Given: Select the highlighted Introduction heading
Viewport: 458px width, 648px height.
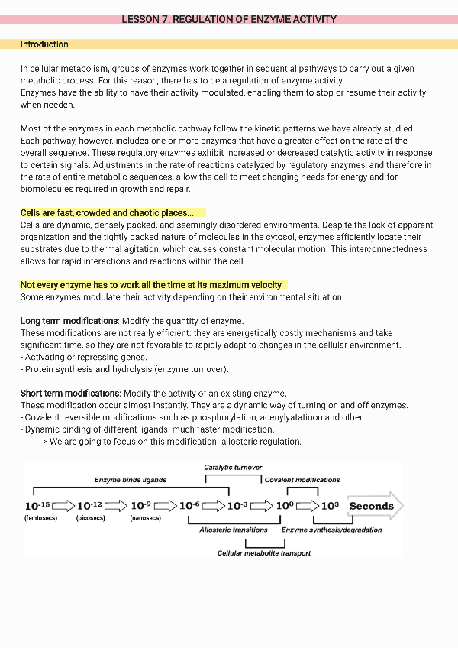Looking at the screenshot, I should (x=44, y=44).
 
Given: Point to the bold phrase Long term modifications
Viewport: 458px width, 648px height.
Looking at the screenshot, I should (x=69, y=321).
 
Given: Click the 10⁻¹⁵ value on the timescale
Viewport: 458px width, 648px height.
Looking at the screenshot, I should (x=37, y=506).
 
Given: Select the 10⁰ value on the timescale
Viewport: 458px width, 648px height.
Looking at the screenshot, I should (x=285, y=506).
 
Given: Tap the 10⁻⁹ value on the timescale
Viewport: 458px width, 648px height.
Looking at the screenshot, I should (x=142, y=506).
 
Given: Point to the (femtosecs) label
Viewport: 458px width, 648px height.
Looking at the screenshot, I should (x=40, y=518).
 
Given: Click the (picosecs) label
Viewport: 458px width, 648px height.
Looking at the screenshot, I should (x=91, y=518).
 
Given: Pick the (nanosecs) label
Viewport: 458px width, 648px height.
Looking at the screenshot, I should (x=144, y=518).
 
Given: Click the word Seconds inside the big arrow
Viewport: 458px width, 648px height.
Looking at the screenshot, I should (x=371, y=506).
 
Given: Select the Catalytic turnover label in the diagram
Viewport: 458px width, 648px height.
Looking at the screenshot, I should (x=233, y=467).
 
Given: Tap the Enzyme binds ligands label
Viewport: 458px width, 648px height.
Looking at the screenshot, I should (x=130, y=480).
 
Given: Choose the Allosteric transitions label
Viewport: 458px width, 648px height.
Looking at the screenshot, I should (x=234, y=530).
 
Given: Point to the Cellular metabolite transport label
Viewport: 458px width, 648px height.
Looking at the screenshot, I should (x=264, y=553).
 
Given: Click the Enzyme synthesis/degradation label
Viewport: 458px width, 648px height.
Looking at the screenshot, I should (x=332, y=530).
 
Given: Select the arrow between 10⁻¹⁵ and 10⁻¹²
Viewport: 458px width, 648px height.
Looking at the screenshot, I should (x=64, y=506).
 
